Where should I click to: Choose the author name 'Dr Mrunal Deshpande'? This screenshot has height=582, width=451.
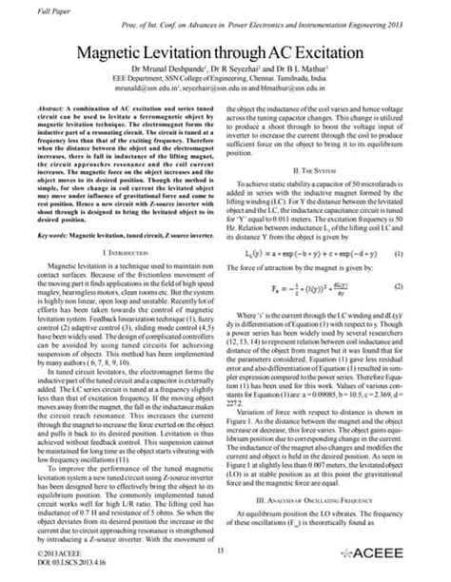[168, 68]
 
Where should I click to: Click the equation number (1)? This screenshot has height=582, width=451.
[425, 255]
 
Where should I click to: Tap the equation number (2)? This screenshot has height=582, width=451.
[425, 286]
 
